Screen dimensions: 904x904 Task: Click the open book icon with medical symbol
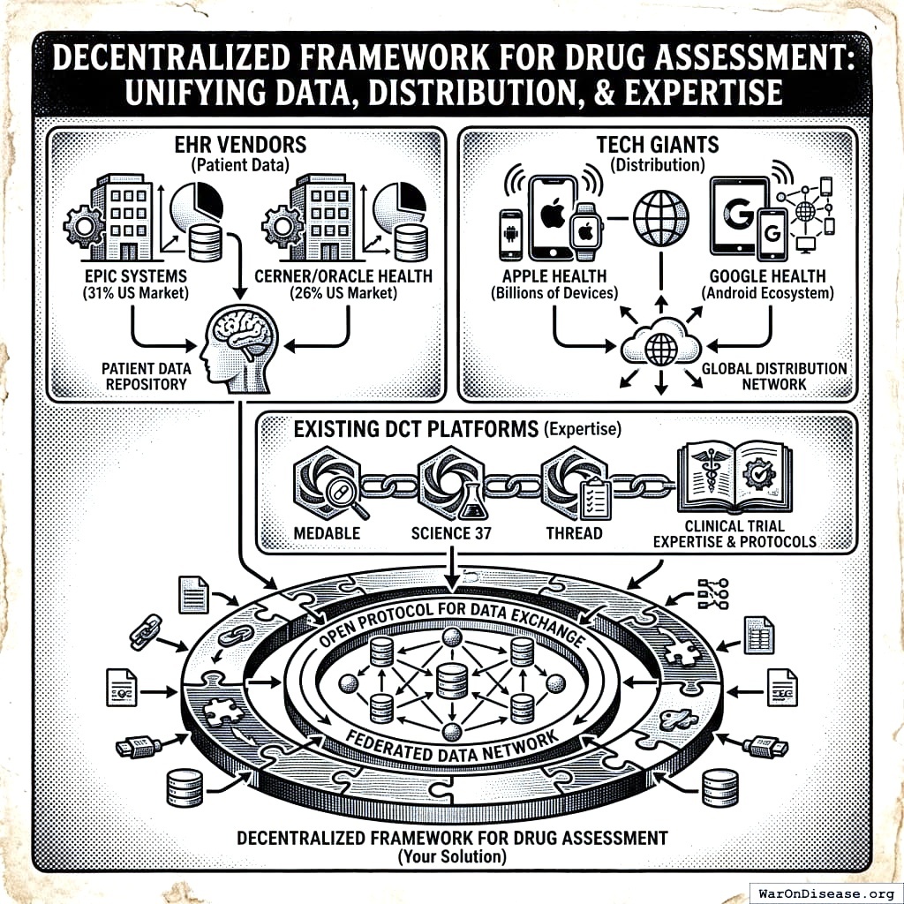point(734,480)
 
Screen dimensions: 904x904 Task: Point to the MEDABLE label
point(327,533)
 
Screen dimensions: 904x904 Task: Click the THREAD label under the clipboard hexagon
point(574,533)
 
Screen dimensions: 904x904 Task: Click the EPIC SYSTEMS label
point(131,276)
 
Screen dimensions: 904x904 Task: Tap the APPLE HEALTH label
point(554,276)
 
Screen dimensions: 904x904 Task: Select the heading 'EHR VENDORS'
point(242,145)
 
